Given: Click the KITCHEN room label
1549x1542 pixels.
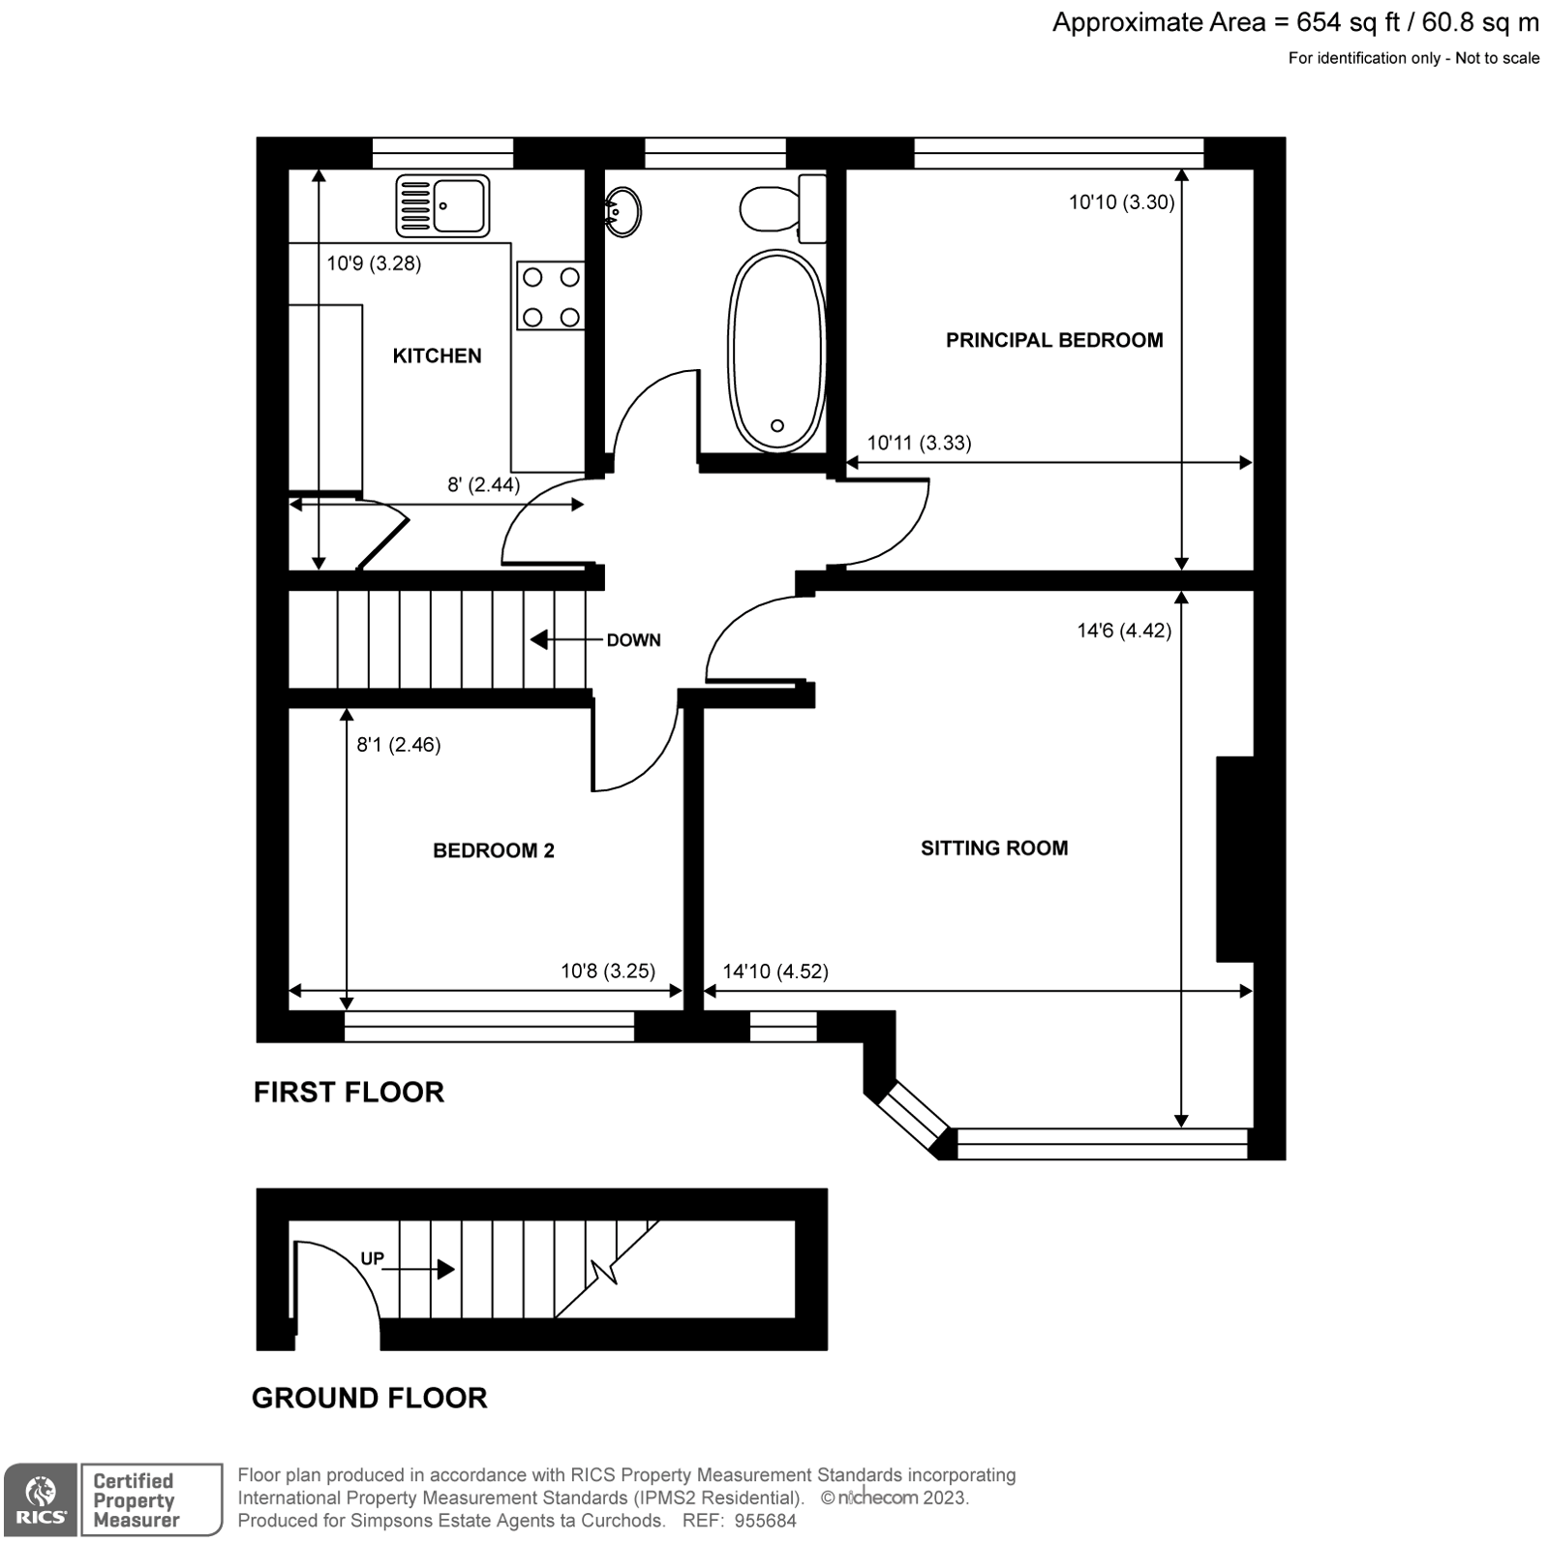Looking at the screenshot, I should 437,355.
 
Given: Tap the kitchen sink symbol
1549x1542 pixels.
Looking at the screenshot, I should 442,206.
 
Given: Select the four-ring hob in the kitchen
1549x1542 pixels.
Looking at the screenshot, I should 551,296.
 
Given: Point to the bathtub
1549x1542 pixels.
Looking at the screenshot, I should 776,351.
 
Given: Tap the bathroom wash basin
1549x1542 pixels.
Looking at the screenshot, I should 623,210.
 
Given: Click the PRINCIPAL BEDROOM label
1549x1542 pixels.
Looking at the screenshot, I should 1054,340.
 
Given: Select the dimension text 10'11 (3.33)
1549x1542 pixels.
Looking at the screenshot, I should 919,443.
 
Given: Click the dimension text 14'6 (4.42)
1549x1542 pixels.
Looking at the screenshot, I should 1123,631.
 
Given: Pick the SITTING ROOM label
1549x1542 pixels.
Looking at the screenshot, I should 994,848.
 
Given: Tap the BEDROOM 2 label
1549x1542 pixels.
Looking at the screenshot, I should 493,850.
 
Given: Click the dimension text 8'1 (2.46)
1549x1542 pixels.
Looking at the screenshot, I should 399,744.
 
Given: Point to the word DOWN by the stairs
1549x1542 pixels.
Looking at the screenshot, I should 633,640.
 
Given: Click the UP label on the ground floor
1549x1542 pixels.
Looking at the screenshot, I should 373,1258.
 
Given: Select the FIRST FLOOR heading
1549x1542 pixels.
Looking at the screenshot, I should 349,1092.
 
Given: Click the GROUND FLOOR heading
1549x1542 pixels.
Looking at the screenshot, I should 369,1398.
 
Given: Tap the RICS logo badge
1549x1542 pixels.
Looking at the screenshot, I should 40,1498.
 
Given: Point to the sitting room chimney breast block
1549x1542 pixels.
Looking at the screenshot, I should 1234,858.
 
